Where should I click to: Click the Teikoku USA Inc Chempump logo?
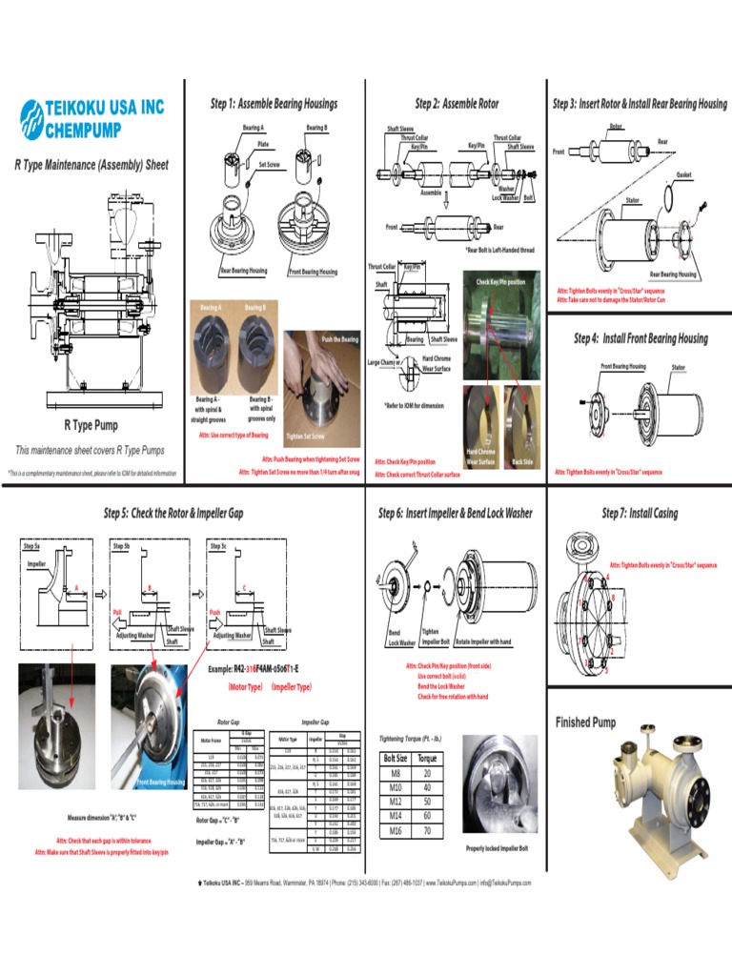(x=92, y=118)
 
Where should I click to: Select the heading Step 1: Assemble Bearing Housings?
(x=274, y=104)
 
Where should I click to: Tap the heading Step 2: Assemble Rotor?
(x=457, y=104)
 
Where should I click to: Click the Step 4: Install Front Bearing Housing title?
(x=640, y=338)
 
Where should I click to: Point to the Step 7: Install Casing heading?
(x=640, y=514)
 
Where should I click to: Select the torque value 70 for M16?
(x=427, y=830)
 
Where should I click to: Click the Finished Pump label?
(x=586, y=722)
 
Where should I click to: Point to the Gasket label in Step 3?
(x=683, y=175)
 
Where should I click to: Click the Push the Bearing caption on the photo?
(x=339, y=339)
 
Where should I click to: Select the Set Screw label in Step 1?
(x=270, y=164)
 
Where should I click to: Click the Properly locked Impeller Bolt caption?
(x=496, y=847)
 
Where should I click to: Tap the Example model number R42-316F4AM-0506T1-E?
(x=253, y=669)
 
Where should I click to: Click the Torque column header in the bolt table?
(x=427, y=759)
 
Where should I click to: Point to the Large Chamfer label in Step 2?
(x=384, y=362)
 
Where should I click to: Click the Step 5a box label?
(x=30, y=546)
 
